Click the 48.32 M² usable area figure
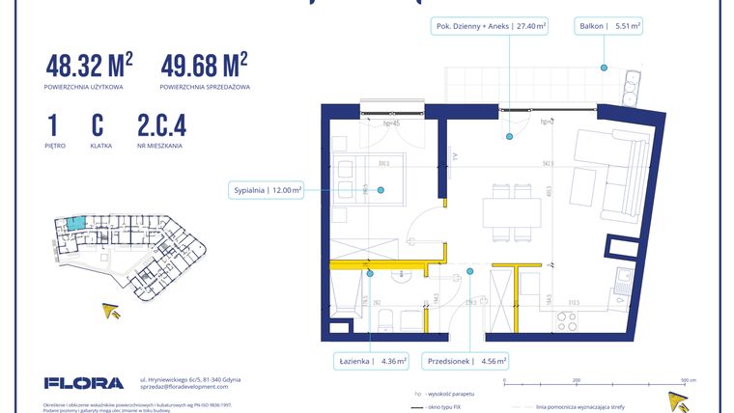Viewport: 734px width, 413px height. pyautogui.click(x=89, y=67)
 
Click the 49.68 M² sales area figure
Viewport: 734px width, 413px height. pyautogui.click(x=204, y=67)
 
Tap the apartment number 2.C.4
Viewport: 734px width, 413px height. pyautogui.click(x=161, y=126)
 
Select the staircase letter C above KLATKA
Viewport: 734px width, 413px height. pyautogui.click(x=98, y=126)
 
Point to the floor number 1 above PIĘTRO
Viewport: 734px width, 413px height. pyautogui.click(x=50, y=126)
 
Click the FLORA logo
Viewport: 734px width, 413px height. pyautogui.click(x=84, y=383)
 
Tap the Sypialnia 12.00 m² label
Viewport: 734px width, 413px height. pyautogui.click(x=266, y=189)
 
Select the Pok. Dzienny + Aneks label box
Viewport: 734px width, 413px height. pyautogui.click(x=490, y=27)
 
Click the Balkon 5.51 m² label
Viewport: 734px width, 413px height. pyautogui.click(x=608, y=27)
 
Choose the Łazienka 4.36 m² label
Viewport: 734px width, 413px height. pyautogui.click(x=373, y=362)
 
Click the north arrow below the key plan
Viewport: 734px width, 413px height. pyautogui.click(x=112, y=310)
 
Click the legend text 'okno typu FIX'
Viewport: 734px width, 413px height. pyautogui.click(x=456, y=407)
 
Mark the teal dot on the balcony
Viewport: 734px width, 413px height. pyautogui.click(x=603, y=67)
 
